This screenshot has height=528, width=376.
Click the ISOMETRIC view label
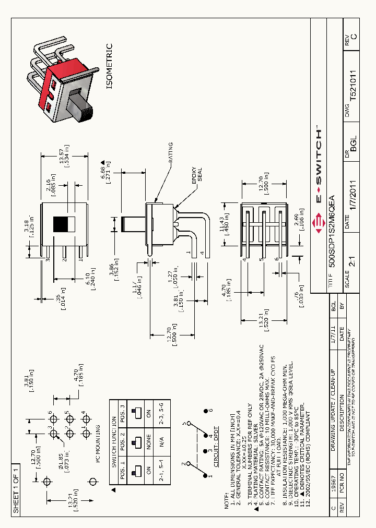(109, 66)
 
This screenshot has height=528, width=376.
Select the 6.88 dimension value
(104, 170)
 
